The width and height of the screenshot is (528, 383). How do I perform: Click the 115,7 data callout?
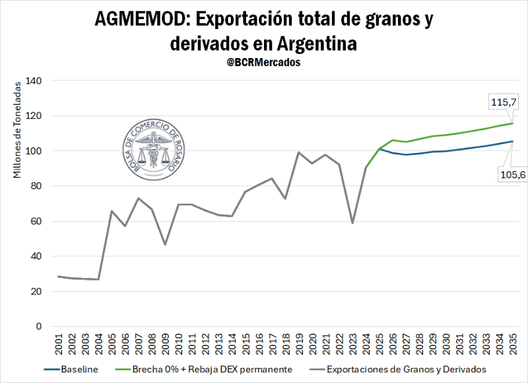(x=503, y=102)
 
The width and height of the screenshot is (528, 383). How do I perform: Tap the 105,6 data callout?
(x=504, y=174)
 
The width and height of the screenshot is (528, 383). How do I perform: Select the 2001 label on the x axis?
(x=59, y=345)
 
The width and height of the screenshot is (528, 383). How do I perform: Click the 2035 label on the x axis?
(x=512, y=345)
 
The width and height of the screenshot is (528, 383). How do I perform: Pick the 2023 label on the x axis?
(x=352, y=345)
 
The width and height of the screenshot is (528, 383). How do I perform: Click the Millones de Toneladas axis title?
(x=18, y=135)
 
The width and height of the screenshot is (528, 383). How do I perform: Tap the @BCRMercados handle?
(x=264, y=62)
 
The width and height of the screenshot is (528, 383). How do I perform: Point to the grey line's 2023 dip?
(x=352, y=223)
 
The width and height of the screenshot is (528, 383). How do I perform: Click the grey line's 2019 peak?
(x=299, y=153)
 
